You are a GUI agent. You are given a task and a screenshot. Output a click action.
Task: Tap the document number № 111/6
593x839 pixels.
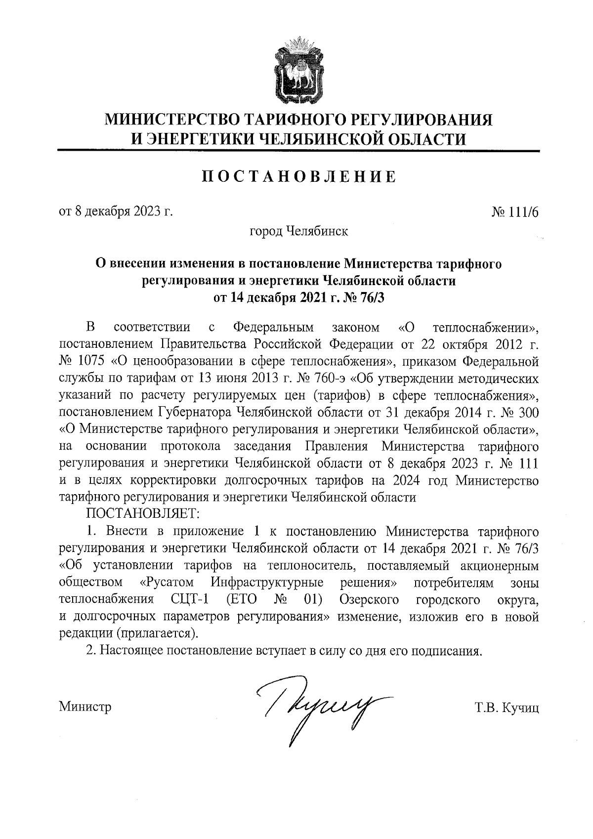click(x=514, y=212)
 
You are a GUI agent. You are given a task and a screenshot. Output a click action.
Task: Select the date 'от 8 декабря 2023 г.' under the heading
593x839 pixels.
click(x=116, y=212)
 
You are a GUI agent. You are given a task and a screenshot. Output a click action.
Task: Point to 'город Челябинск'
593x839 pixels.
click(x=299, y=231)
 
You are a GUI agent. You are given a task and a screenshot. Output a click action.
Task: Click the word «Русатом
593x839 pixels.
click(x=167, y=583)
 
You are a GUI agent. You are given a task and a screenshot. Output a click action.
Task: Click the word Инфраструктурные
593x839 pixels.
click(x=267, y=583)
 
